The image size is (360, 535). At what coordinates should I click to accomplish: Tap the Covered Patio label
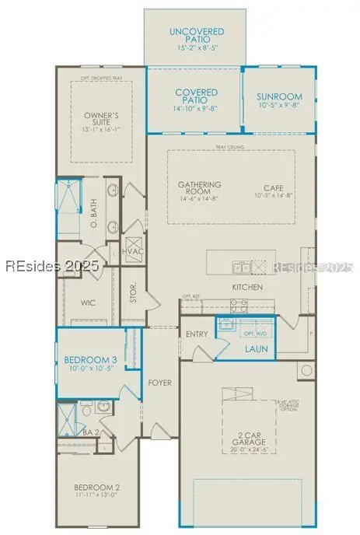pos(196,96)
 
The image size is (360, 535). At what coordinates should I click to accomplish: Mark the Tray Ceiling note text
pos(231,147)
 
